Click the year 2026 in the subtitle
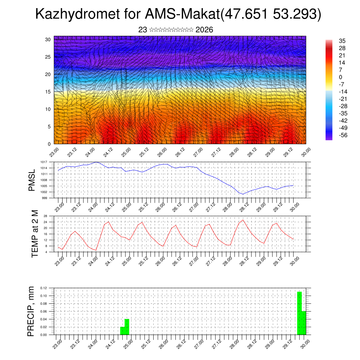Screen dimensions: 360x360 tap(204, 30)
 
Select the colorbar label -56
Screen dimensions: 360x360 tap(342, 135)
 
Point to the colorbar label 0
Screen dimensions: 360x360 tap(340, 77)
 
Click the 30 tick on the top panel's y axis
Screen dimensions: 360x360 tap(47, 39)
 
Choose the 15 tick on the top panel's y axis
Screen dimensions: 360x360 tap(47, 92)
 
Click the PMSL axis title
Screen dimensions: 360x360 tap(32, 180)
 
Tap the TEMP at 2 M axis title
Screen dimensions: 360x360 tap(34, 233)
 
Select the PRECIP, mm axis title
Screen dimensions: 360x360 tap(32, 311)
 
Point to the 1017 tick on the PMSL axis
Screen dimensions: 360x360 tap(44, 162)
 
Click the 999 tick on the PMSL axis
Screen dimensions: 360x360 tap(45, 198)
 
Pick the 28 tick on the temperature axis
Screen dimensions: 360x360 tap(46, 216)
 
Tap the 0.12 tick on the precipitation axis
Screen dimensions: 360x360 tap(43, 288)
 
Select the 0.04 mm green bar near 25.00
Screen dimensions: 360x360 tap(127, 327)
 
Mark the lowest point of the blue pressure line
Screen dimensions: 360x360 tap(243, 194)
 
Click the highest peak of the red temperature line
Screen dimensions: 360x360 tap(243, 220)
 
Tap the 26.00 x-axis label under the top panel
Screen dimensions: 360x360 tap(162, 153)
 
